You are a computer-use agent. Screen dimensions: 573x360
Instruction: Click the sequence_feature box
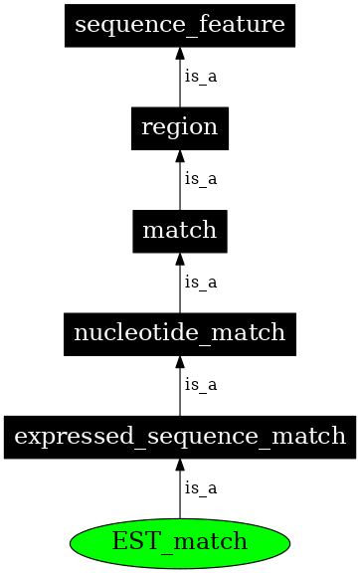pos(180,25)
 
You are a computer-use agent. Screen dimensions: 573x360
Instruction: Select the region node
pos(180,127)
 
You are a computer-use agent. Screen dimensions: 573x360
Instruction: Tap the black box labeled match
pos(180,231)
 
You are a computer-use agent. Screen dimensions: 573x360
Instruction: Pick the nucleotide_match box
pos(180,332)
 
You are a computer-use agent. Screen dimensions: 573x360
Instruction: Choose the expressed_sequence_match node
pos(180,436)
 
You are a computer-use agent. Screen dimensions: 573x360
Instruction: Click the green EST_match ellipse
pos(180,542)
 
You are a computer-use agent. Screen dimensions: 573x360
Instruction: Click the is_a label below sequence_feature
pos(200,77)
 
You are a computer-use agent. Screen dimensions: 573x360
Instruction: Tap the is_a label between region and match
pos(200,179)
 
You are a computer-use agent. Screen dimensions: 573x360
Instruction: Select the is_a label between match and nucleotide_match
pos(200,282)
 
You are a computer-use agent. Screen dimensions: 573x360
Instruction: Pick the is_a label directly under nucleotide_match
pos(200,384)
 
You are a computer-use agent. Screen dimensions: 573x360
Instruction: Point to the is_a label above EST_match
pos(200,487)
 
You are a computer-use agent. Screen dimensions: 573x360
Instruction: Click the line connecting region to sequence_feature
pos(180,85)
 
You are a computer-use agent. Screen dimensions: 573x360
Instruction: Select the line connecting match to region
pos(180,187)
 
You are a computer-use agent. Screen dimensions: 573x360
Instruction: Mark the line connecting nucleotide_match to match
pos(180,289)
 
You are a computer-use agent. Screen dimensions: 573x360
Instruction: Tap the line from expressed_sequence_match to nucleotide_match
pos(180,392)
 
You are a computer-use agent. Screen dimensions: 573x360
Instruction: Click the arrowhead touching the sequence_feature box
pos(180,53)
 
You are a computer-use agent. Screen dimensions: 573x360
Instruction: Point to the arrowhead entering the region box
pos(180,155)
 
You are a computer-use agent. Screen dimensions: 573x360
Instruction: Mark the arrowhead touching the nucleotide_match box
pos(180,360)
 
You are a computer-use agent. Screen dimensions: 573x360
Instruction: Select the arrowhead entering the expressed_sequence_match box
pos(180,464)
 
